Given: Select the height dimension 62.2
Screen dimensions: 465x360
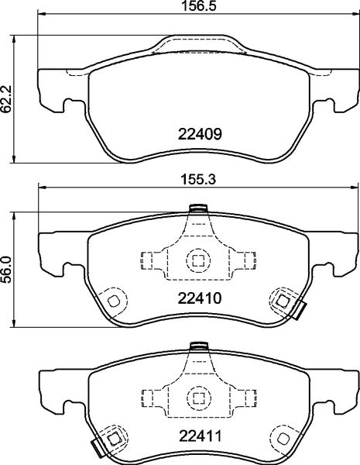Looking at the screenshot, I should pos(6,99).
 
